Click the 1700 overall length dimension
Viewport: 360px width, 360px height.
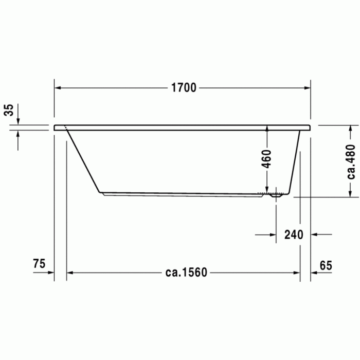[184, 88]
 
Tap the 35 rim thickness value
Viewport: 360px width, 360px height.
[9, 110]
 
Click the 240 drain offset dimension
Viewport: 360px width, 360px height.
[294, 235]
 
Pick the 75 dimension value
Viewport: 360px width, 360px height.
[39, 264]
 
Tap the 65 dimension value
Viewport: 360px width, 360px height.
[326, 265]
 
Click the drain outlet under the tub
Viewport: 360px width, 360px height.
[276, 195]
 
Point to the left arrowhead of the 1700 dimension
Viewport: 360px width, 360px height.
[58, 88]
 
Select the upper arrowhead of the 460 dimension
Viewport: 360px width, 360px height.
[267, 129]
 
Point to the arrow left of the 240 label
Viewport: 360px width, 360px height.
[273, 235]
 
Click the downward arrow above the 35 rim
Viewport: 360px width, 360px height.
[18, 120]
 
